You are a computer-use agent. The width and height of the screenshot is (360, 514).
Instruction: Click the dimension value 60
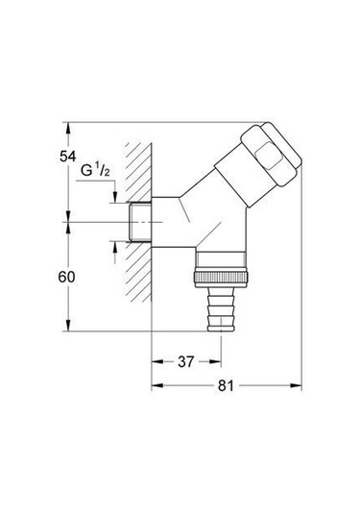point(67,277)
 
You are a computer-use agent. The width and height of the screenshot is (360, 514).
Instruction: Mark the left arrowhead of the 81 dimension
point(157,386)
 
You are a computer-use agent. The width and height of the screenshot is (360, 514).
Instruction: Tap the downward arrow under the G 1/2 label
point(114,197)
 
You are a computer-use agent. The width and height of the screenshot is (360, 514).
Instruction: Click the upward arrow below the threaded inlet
point(114,246)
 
